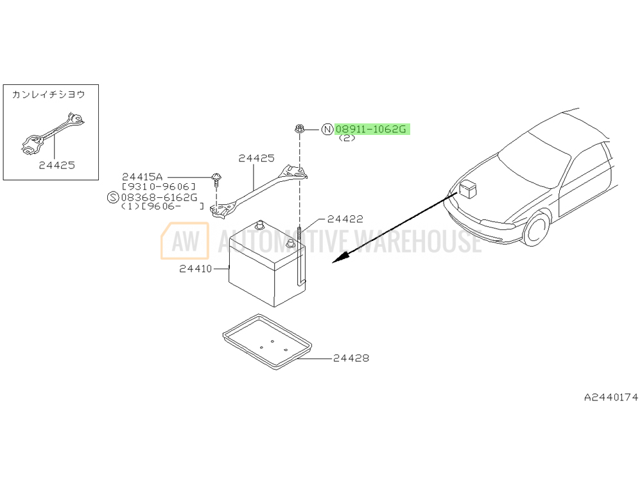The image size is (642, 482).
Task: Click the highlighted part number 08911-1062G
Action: [370, 130]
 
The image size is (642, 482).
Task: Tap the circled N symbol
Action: [327, 130]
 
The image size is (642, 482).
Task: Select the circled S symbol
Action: [112, 197]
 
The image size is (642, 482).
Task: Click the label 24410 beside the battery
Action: [196, 269]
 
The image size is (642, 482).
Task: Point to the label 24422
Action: [345, 219]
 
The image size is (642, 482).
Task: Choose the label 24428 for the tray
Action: [351, 358]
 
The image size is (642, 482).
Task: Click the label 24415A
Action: [142, 177]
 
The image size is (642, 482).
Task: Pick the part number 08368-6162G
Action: [159, 197]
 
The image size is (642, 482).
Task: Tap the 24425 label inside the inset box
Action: [57, 165]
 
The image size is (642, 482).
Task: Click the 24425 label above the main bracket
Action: [256, 158]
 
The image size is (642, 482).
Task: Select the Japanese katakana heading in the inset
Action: [48, 94]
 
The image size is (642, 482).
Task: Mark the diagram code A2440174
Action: [611, 397]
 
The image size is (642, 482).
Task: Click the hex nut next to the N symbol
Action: [299, 129]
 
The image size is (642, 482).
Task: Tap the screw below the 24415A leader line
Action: [216, 181]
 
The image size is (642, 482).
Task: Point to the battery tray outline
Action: [268, 341]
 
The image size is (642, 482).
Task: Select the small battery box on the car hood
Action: [467, 190]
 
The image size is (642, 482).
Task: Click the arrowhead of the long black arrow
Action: [340, 258]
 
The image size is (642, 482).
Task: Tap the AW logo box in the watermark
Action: [185, 241]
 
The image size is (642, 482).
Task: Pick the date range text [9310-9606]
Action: [159, 187]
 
